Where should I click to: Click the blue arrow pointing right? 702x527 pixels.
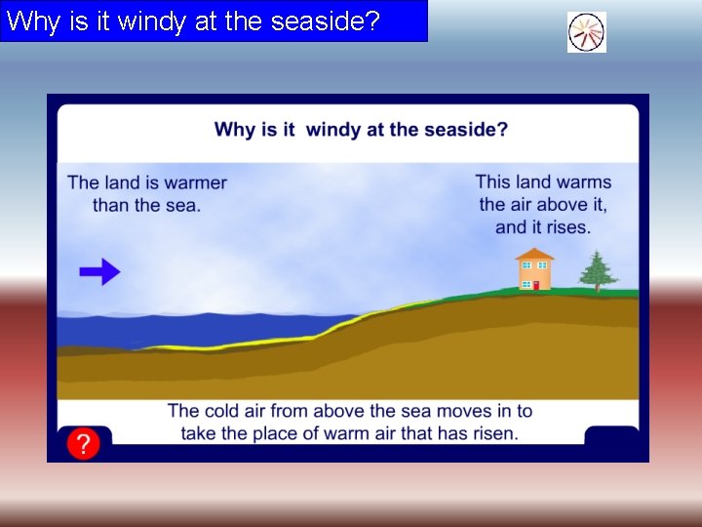click(99, 272)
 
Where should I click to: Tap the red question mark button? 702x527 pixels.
click(84, 445)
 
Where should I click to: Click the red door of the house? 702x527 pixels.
click(535, 285)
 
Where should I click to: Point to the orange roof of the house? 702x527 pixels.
click(534, 254)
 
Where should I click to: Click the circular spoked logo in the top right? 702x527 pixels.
click(587, 32)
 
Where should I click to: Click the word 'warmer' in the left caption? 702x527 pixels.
click(195, 182)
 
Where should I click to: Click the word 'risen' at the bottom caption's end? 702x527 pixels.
click(494, 432)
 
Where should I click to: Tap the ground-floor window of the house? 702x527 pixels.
click(526, 285)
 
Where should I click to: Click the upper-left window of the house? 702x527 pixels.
click(526, 265)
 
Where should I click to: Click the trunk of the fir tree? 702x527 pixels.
click(597, 287)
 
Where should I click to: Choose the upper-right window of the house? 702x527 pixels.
click(542, 265)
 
